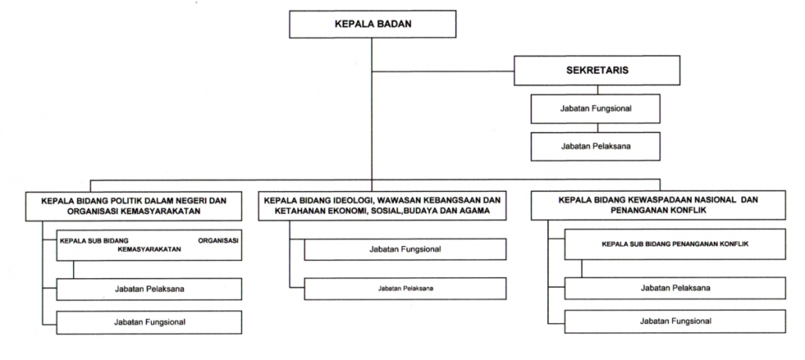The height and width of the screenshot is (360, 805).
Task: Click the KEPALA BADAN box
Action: click(373, 24)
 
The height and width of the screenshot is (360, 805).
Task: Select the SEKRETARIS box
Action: click(596, 70)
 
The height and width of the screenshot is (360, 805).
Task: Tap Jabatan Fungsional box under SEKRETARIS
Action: click(596, 108)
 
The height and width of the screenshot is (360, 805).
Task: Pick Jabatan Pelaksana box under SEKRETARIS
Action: click(596, 146)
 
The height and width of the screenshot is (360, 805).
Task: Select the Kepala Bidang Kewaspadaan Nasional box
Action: click(659, 205)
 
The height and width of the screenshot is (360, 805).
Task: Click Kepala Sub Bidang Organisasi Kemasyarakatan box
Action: click(149, 244)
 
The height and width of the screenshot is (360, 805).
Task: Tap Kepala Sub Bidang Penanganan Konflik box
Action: click(675, 244)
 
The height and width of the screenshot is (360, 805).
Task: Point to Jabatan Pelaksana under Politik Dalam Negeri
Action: click(149, 289)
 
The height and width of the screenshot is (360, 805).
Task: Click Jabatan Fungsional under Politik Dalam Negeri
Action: click(149, 321)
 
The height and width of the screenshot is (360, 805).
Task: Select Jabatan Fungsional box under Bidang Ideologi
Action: click(405, 248)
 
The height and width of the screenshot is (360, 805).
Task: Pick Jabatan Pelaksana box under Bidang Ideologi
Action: click(405, 288)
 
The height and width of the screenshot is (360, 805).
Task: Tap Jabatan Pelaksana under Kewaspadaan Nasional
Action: click(675, 288)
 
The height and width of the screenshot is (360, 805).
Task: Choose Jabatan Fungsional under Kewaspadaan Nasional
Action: click(675, 321)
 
